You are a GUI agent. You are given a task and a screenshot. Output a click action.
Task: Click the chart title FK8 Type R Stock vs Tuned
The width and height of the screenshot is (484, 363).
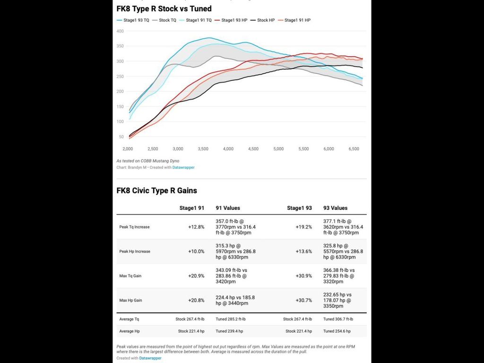tap(164, 9)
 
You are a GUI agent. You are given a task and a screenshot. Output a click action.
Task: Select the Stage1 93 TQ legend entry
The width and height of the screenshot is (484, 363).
tap(136, 20)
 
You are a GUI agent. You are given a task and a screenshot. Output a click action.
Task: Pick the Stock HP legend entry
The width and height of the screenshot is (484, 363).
tap(266, 20)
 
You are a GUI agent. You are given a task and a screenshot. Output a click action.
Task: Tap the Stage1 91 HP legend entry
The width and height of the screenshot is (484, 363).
tap(297, 20)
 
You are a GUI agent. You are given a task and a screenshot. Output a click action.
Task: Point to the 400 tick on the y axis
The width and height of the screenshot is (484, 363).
tap(120, 31)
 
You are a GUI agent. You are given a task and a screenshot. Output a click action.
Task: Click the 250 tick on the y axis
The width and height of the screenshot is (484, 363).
tap(120, 77)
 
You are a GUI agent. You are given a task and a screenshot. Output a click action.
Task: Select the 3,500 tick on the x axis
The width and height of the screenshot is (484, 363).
tap(203, 149)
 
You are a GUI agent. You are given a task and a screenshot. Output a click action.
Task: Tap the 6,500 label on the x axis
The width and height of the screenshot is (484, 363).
tap(354, 149)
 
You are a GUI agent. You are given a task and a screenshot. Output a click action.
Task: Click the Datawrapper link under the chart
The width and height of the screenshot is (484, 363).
tap(183, 167)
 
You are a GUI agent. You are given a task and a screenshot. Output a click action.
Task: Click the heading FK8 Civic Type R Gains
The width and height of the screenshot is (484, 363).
tap(156, 191)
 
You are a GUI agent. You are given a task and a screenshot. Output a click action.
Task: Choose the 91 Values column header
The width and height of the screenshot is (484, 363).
tap(228, 208)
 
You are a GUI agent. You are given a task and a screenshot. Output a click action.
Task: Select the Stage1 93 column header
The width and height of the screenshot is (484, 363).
tap(299, 208)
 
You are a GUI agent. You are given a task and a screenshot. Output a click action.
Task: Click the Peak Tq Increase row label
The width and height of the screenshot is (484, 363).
tap(134, 227)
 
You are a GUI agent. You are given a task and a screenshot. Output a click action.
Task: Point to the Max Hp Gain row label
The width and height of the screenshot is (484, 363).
tap(130, 300)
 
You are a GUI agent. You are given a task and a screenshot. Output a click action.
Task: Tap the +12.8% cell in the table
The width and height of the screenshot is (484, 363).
tap(196, 227)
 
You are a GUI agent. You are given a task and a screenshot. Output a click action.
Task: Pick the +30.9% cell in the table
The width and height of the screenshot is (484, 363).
tap(303, 276)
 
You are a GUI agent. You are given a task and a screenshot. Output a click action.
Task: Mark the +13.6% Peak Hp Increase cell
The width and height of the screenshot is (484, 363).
tap(303, 251)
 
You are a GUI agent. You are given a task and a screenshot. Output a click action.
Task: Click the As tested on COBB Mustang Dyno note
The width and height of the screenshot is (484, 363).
tap(147, 161)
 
